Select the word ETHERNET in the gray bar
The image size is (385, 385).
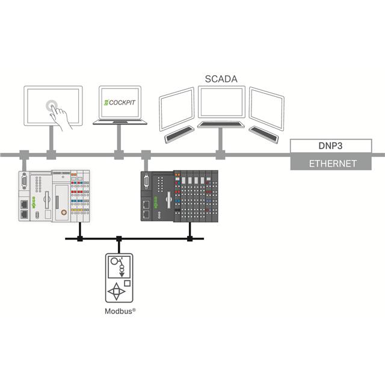click(332, 163)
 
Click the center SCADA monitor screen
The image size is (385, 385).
click(222, 102)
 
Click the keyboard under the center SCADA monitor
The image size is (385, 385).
click(221, 125)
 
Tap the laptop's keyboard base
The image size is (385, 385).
click(120, 122)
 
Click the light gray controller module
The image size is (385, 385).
click(53, 195)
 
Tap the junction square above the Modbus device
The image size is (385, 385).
click(119, 239)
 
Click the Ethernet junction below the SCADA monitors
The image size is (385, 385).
click(220, 155)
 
